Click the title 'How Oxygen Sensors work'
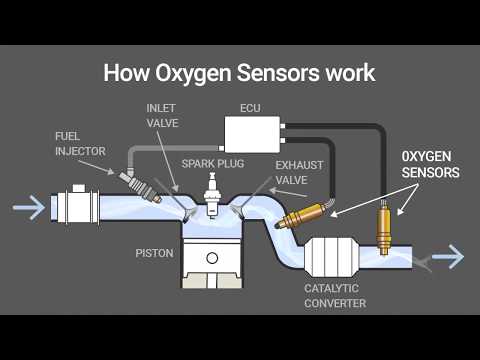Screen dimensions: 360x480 (240, 73)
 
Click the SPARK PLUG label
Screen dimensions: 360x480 (210, 161)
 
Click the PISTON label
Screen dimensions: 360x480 (155, 253)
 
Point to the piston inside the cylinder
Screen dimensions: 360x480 (211, 261)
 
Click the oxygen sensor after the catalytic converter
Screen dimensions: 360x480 (383, 225)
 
